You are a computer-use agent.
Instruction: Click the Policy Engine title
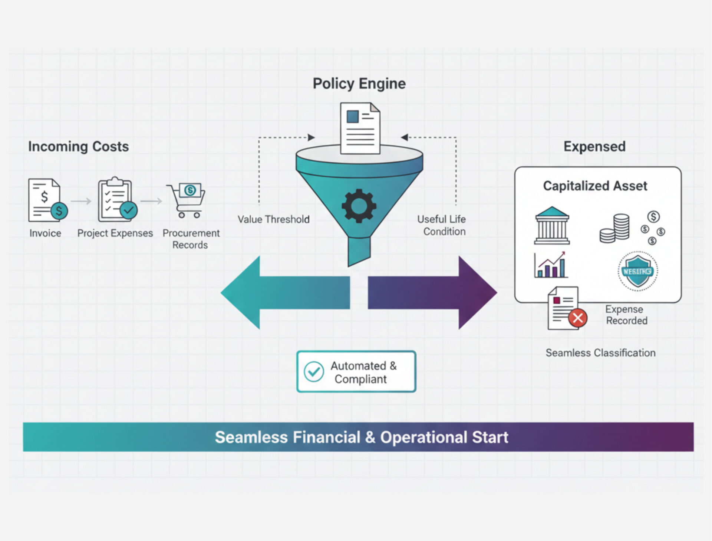tap(359, 84)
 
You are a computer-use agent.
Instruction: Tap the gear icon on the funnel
tap(359, 206)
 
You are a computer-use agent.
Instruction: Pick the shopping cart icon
tap(187, 200)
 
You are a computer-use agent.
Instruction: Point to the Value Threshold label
tap(273, 219)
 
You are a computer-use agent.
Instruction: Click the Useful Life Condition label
tap(442, 225)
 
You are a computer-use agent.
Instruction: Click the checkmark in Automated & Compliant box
tap(314, 372)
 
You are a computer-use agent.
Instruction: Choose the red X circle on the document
tap(577, 318)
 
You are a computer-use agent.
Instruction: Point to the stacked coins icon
tap(615, 228)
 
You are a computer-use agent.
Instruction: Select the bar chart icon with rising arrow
tap(551, 265)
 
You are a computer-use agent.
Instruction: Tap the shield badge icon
tap(637, 271)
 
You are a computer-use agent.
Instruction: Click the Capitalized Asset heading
tap(595, 186)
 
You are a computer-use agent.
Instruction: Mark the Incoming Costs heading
tap(78, 146)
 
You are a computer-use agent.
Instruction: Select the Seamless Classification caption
tap(600, 353)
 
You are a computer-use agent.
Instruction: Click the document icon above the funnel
tap(360, 128)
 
